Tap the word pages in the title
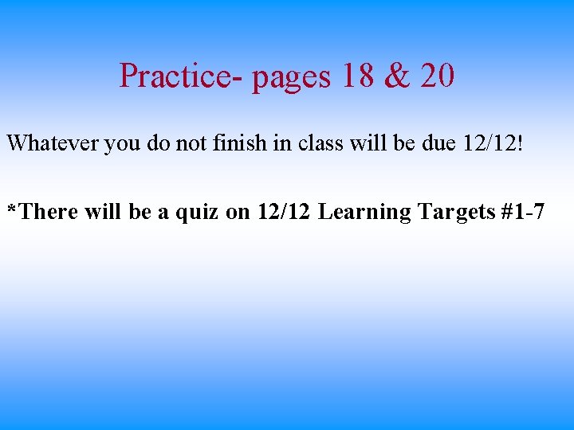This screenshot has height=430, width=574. point(291,78)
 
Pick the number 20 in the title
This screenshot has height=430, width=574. point(437,76)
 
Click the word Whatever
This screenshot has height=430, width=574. point(53,143)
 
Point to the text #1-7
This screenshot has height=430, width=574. point(524,212)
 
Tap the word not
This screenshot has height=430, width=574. point(185,143)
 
